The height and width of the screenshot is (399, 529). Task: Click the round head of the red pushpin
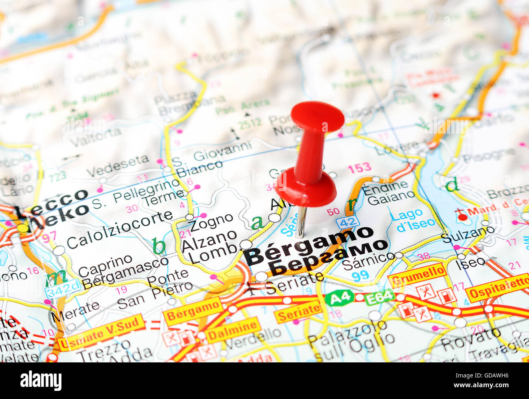pos(317,116)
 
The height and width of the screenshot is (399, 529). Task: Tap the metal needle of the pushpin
pos(301,222)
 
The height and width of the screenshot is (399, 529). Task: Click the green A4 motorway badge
pos(339,298)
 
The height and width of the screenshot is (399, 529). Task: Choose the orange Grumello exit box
pos(417,275)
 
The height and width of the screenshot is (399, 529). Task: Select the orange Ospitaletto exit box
pos(497,288)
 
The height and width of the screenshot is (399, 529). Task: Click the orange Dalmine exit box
pos(232,330)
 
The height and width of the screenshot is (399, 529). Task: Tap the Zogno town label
pos(211,222)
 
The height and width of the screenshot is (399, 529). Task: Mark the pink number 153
pos(359,167)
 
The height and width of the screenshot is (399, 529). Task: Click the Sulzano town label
pos(468,235)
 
